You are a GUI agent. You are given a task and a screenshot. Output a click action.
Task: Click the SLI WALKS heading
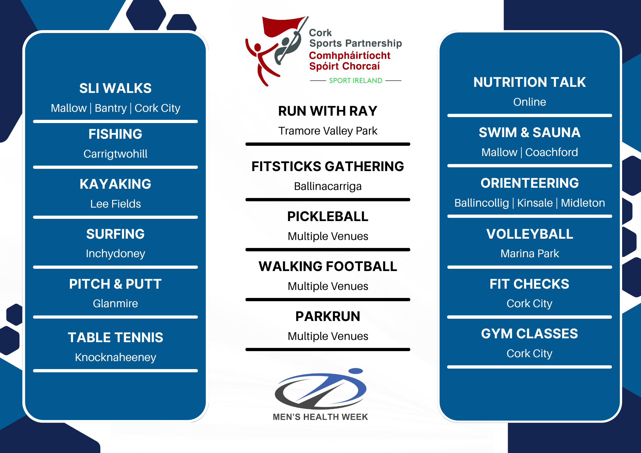115,88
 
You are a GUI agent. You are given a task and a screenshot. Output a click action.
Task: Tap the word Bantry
111,108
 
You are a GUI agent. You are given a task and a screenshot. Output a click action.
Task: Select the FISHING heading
115,134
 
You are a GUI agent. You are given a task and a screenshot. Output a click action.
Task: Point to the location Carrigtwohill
115,154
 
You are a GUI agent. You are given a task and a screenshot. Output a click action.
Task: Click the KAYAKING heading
115,184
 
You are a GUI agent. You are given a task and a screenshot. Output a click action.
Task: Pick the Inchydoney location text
115,254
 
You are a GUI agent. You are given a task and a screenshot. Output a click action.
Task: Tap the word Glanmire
115,303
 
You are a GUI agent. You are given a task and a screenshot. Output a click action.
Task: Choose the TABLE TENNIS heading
115,337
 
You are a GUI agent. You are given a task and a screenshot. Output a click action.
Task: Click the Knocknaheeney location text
115,358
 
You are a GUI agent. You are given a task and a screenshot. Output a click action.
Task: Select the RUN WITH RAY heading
328,111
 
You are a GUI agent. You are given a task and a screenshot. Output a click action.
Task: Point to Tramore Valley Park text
328,131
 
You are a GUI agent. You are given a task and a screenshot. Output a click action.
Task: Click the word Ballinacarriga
328,186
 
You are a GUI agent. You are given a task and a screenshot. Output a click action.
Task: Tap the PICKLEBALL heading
328,216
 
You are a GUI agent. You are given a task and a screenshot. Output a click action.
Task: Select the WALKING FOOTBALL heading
328,266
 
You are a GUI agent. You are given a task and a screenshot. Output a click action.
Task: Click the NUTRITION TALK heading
529,82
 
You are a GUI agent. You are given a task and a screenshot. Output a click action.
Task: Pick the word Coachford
552,152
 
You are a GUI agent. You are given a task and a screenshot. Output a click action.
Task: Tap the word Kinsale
535,203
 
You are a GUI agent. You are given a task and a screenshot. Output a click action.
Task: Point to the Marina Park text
529,253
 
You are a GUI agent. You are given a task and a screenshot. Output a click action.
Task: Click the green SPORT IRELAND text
356,80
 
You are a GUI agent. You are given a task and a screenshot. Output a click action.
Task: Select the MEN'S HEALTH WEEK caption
320,417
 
